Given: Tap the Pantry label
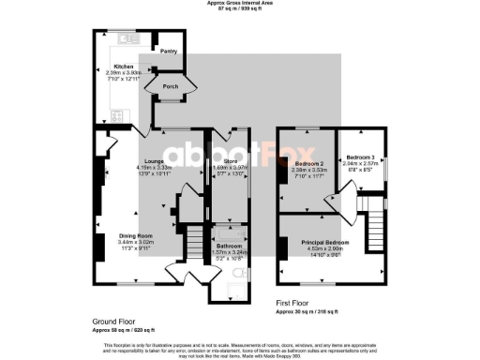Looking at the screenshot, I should click(x=170, y=51).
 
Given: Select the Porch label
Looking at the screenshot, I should click(x=171, y=86).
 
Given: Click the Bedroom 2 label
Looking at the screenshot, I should click(x=307, y=164).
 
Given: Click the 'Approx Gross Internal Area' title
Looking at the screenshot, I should click(x=240, y=4).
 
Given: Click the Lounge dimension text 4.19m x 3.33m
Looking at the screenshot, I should click(x=154, y=167).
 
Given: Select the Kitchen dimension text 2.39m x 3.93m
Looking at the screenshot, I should click(x=124, y=72).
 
